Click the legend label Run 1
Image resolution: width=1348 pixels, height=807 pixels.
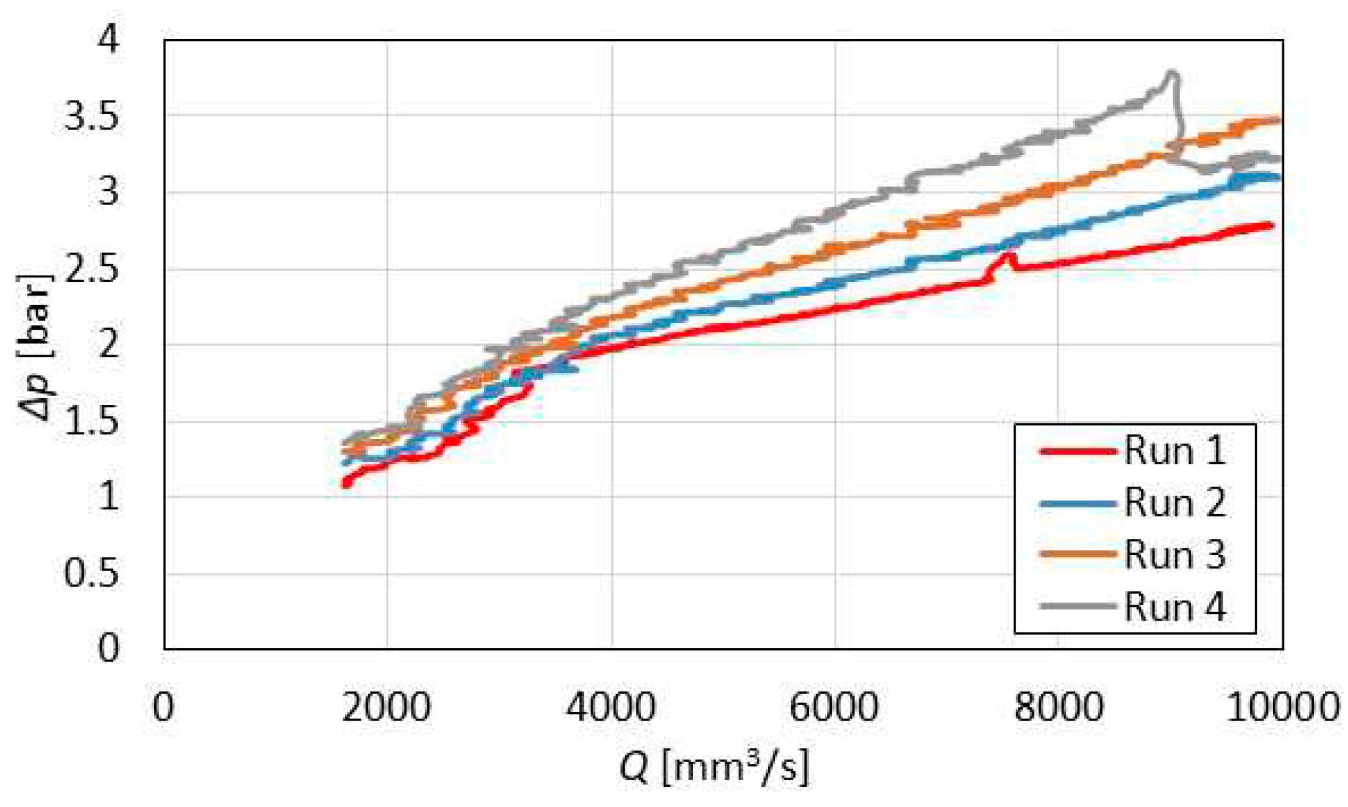pyautogui.click(x=1174, y=450)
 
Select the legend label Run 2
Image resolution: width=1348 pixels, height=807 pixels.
pyautogui.click(x=1174, y=503)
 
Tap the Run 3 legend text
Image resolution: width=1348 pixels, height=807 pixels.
pyautogui.click(x=1174, y=555)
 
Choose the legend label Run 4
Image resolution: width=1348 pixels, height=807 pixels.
pyautogui.click(x=1174, y=607)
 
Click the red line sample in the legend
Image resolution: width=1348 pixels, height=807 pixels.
pyautogui.click(x=1077, y=451)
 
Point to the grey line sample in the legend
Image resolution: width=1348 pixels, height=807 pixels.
pyautogui.click(x=1077, y=607)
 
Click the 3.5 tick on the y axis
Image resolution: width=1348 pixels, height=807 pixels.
pyautogui.click(x=91, y=117)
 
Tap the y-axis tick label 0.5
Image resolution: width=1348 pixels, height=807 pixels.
pyautogui.click(x=91, y=574)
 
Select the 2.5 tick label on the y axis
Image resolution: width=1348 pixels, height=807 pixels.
pyautogui.click(x=91, y=270)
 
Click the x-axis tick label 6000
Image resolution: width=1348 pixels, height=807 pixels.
pyautogui.click(x=835, y=707)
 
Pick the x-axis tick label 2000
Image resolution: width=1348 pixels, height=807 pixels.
pyautogui.click(x=387, y=707)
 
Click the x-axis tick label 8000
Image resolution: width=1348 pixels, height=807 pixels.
pyautogui.click(x=1058, y=707)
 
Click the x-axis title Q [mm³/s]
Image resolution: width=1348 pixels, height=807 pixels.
pyautogui.click(x=714, y=766)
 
